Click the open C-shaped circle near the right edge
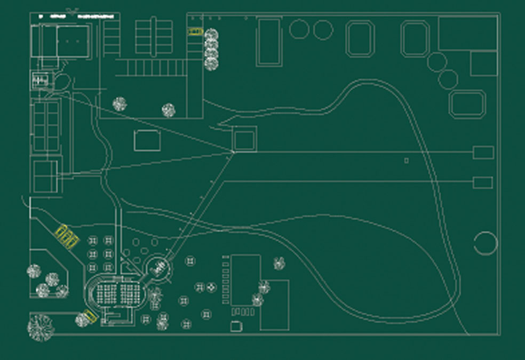486,243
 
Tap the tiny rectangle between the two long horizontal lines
407,160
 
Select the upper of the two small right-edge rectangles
483,153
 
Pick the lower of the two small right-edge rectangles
483,182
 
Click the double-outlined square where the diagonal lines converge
244,140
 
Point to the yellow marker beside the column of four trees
195,31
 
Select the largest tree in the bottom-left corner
41,326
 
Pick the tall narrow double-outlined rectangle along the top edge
269,42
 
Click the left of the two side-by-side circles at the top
299,29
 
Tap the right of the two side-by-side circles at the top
323,30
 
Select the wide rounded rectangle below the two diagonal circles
467,104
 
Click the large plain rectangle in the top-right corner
468,34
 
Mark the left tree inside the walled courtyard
120,104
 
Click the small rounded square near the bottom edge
235,326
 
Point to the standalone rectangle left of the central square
147,140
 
